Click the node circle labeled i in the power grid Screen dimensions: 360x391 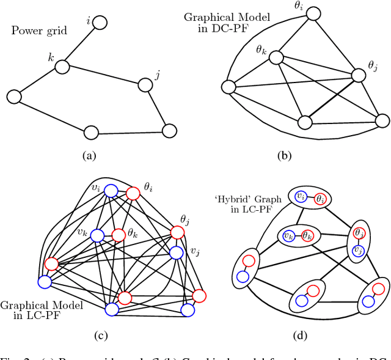coord(100,23)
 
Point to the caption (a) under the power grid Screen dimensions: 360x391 coord(90,156)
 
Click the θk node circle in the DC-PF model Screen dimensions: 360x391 coord(276,57)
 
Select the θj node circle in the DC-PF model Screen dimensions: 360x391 coord(359,76)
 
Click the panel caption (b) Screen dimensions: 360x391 coord(283,156)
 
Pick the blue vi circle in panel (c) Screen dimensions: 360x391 coord(111,191)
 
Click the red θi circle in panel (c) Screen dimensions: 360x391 coord(134,193)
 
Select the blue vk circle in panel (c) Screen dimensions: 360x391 coord(97,235)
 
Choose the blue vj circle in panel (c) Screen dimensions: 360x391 coord(176,252)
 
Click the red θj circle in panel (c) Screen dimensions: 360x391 coord(177,232)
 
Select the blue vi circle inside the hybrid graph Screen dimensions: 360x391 coord(299,196)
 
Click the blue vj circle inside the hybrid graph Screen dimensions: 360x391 coord(359,250)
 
